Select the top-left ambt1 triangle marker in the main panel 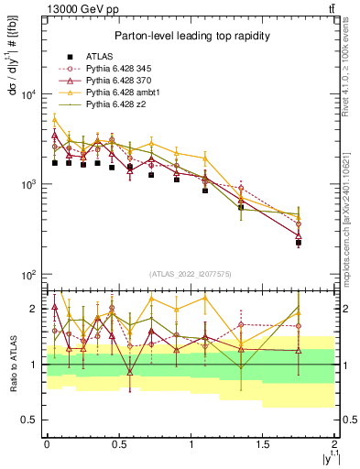coord(54,119)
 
